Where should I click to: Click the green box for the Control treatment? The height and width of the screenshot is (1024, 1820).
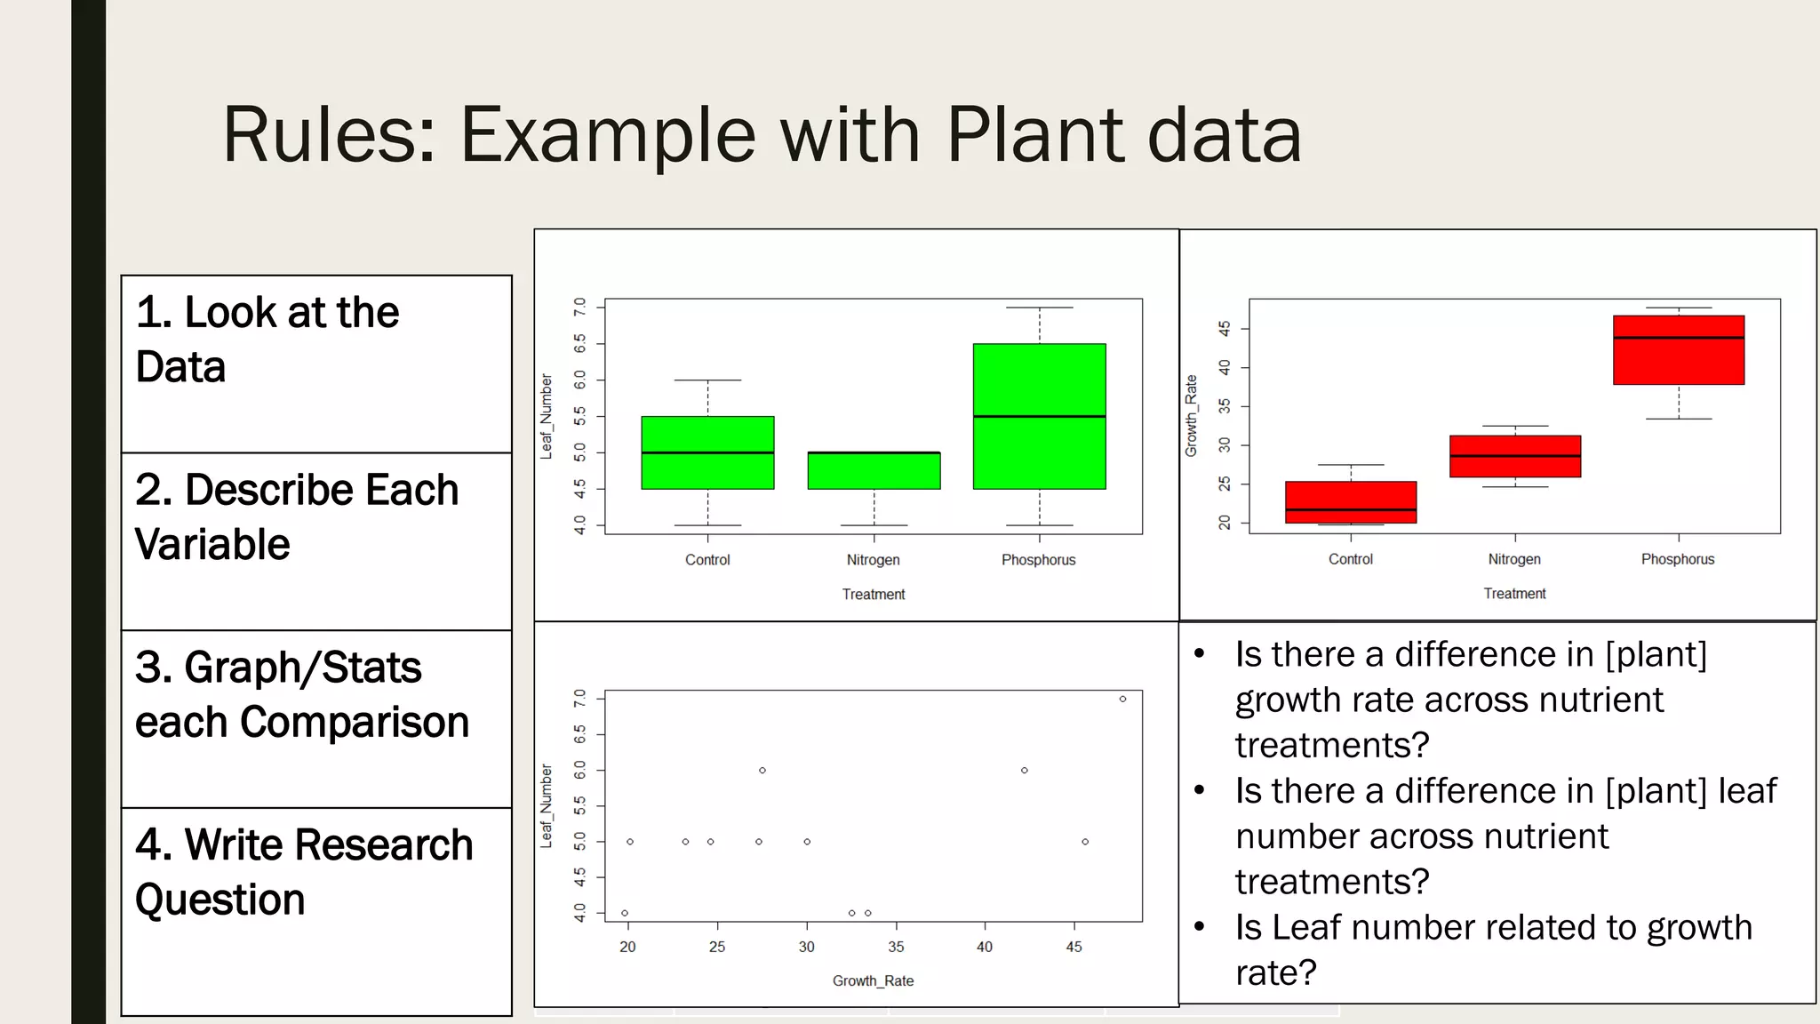[x=707, y=452]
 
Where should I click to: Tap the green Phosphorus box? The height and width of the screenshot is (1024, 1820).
[x=1039, y=416]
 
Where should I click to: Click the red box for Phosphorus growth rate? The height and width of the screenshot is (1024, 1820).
[x=1678, y=350]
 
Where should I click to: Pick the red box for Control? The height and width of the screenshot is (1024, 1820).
[x=1350, y=502]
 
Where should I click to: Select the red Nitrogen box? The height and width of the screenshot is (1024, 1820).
[x=1514, y=456]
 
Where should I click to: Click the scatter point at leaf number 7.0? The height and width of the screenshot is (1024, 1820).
[x=1122, y=699]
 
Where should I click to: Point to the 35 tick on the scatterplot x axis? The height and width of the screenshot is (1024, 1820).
[x=896, y=947]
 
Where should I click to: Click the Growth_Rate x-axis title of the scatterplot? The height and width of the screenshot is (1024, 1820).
[x=873, y=980]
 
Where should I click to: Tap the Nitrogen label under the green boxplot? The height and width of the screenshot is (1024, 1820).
[x=873, y=560]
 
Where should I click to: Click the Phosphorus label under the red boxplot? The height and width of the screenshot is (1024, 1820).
[x=1677, y=559]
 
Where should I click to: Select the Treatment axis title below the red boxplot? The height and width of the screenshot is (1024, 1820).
[x=1514, y=594]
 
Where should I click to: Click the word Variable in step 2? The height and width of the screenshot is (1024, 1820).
[x=212, y=544]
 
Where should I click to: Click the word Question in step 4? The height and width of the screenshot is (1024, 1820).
[x=220, y=900]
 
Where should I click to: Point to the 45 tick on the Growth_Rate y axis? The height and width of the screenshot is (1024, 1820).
[x=1225, y=329]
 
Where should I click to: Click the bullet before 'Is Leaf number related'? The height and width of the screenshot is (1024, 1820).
[x=1199, y=927]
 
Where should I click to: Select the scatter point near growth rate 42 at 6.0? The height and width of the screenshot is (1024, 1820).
[x=1024, y=771]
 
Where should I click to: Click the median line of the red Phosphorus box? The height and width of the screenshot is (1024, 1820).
[x=1678, y=338]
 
